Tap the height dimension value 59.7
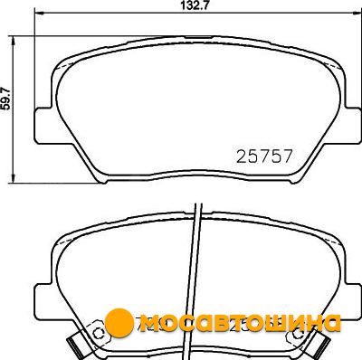(6, 98)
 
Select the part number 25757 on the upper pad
(264, 156)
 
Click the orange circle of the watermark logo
(119, 322)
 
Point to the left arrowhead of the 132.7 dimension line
(40, 13)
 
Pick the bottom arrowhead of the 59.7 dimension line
(13, 178)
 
